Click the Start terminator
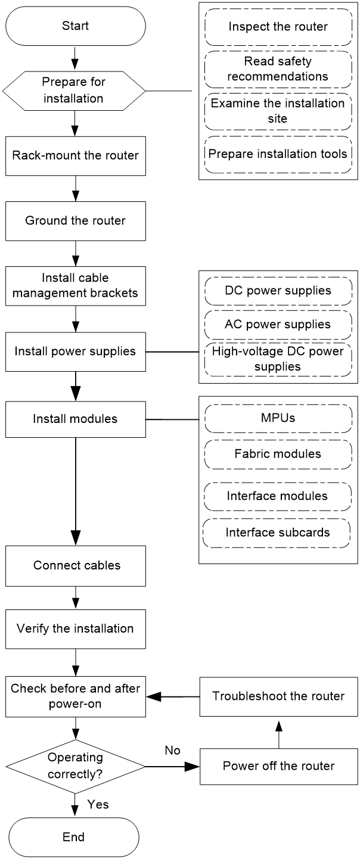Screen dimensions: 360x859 coord(76,26)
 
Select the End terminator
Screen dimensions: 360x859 coord(74,837)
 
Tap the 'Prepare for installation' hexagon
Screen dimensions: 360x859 coord(74,91)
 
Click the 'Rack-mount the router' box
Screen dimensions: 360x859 coord(76,155)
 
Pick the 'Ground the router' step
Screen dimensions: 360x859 coord(76,221)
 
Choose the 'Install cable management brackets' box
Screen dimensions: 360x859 coord(76,286)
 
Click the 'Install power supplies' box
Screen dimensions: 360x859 coord(76,351)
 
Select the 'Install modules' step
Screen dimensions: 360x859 coord(76,419)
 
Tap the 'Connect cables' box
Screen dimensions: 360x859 coord(76,566)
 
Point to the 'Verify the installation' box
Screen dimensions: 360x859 coord(76,629)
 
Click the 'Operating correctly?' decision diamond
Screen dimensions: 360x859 coord(76,767)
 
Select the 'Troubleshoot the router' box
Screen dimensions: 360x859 coord(278,696)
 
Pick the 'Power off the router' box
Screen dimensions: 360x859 coord(278,766)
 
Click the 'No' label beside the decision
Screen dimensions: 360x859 coord(172,751)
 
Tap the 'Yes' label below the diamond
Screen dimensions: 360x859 coord(98,804)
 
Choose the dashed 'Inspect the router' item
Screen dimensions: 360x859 coord(278,27)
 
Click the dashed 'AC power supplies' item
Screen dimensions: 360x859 coord(278,325)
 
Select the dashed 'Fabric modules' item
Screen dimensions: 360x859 coord(278,455)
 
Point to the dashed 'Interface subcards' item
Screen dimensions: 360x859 coord(277,533)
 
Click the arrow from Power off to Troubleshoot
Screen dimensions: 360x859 coord(279,734)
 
